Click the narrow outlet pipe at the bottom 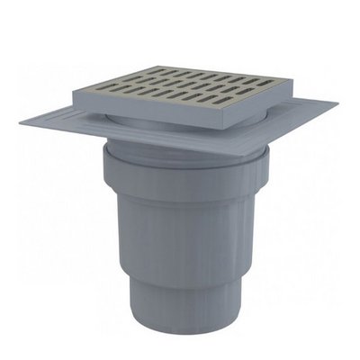pyautogui.click(x=180, y=306)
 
